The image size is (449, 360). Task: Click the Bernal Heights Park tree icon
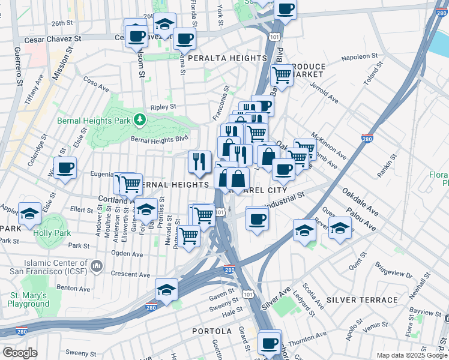140,120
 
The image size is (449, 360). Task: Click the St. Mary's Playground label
29,299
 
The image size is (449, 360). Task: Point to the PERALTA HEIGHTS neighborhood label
228,58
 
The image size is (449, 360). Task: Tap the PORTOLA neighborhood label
211,331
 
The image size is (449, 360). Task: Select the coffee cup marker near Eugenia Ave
65,167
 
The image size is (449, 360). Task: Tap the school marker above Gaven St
166,289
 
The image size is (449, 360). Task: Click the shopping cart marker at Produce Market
281,75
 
